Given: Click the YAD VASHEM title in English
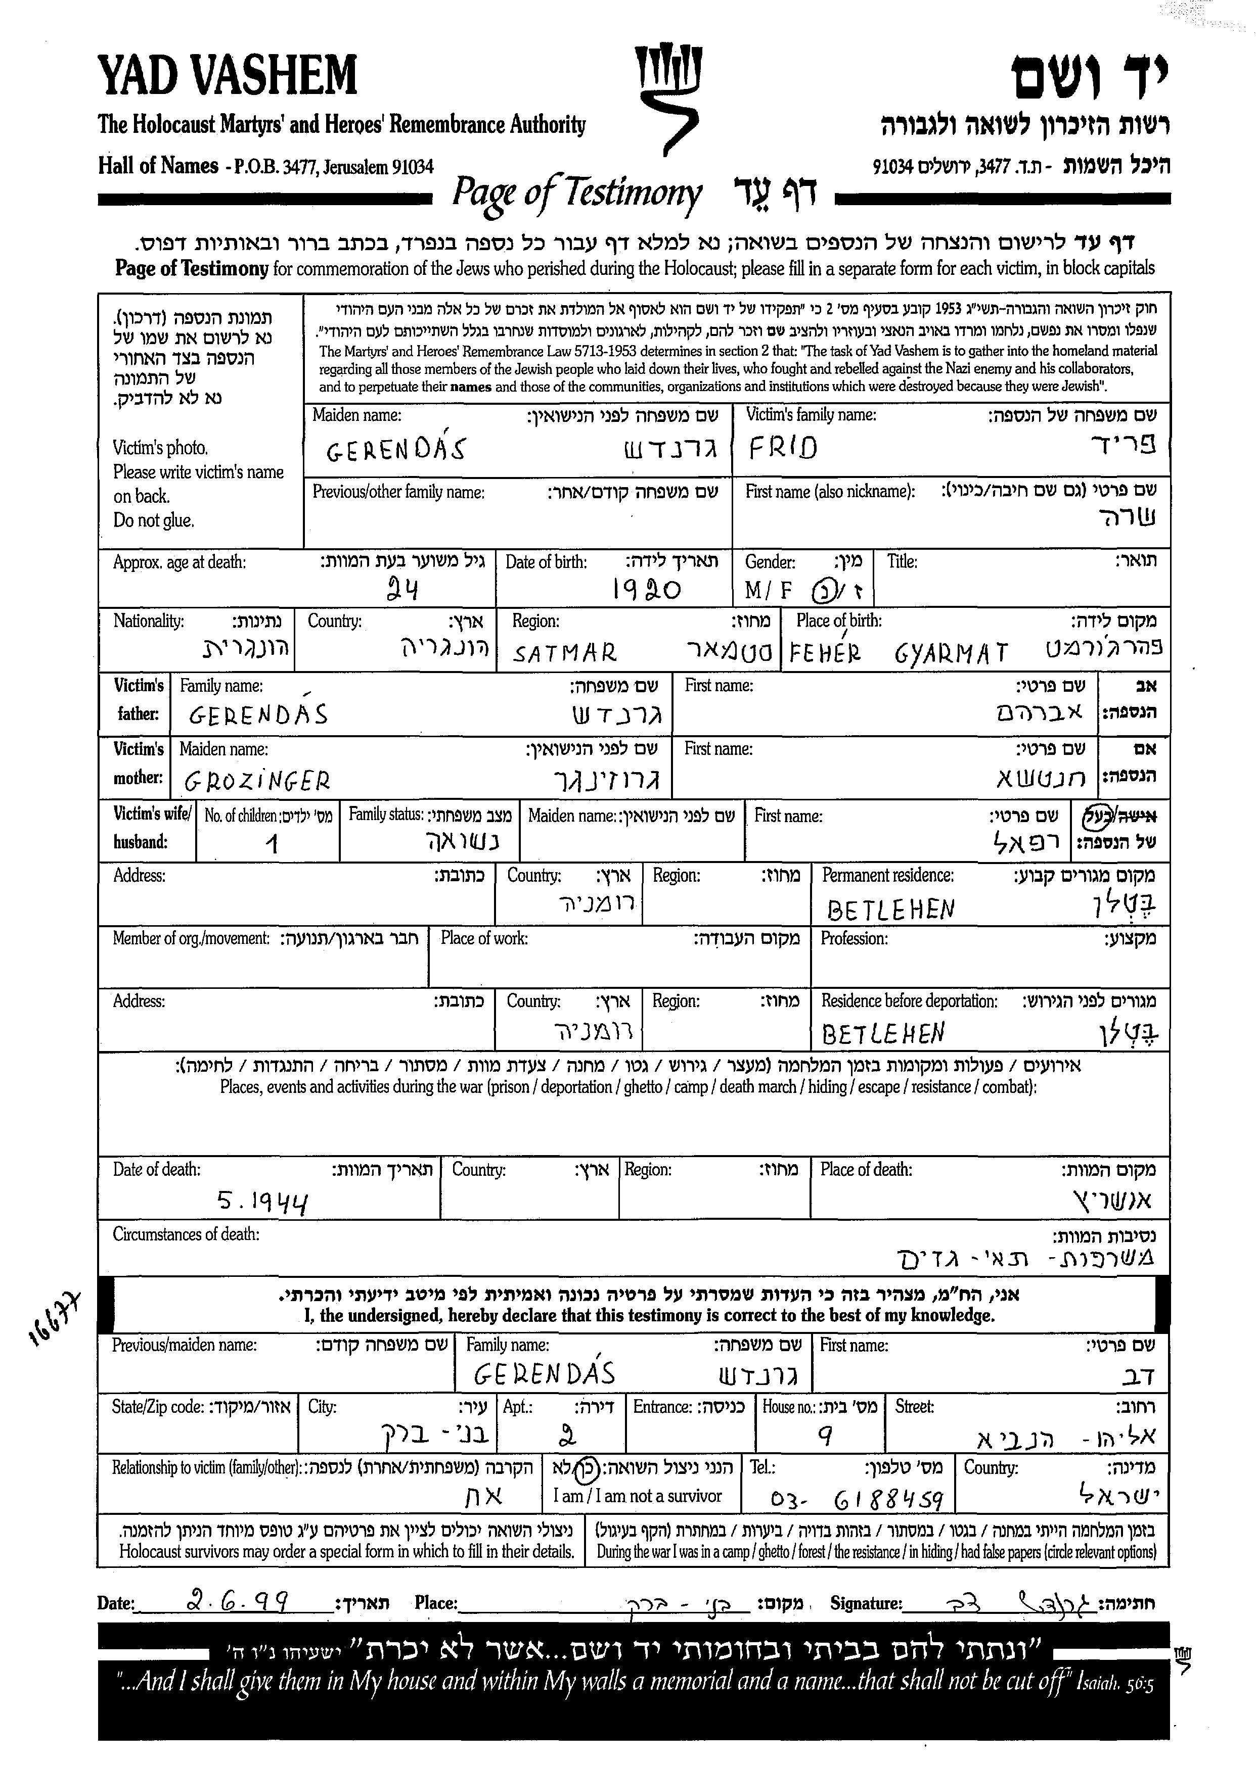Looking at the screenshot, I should point(228,76).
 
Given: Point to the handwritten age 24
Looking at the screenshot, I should point(402,591).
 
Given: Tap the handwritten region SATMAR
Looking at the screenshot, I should point(565,654).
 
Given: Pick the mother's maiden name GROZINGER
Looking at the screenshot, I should point(257,782).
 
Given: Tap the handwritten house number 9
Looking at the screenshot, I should point(825,1436).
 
